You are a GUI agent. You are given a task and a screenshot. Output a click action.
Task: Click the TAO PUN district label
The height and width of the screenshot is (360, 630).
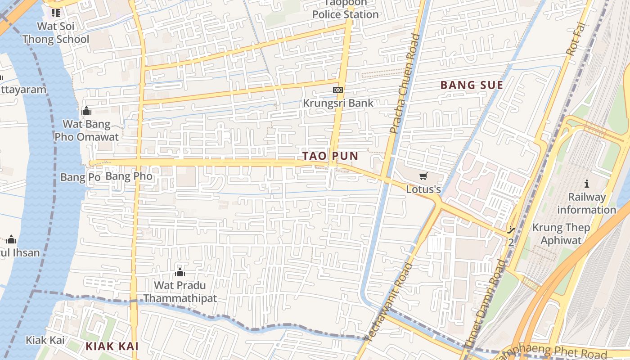point(330,156)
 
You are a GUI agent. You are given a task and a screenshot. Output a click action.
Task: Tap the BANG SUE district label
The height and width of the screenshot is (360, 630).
point(471,85)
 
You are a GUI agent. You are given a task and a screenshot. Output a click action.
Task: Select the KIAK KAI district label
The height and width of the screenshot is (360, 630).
point(112,346)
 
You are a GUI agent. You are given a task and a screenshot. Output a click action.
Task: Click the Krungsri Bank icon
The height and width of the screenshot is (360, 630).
point(337,90)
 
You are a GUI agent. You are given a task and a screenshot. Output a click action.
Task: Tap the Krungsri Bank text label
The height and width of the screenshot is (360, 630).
point(338,103)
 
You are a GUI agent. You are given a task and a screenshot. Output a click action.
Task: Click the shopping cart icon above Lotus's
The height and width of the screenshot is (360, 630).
point(423,176)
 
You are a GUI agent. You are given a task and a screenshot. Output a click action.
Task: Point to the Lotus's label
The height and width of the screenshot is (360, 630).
point(423,189)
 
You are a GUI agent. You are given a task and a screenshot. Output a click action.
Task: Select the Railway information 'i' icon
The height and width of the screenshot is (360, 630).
point(586,184)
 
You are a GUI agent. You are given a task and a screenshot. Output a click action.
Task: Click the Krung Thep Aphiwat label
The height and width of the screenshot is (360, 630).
point(561,234)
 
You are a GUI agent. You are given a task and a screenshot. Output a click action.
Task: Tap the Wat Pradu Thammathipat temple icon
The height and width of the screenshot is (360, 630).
point(180,272)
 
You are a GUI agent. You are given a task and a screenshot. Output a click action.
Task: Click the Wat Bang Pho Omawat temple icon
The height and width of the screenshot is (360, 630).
point(86,111)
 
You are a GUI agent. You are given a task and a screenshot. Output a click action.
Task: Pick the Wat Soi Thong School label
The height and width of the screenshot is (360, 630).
point(56,33)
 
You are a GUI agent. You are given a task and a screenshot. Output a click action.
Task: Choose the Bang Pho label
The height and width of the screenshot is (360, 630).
point(129,176)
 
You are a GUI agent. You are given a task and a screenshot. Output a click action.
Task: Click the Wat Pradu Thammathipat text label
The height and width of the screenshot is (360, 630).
point(180,292)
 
